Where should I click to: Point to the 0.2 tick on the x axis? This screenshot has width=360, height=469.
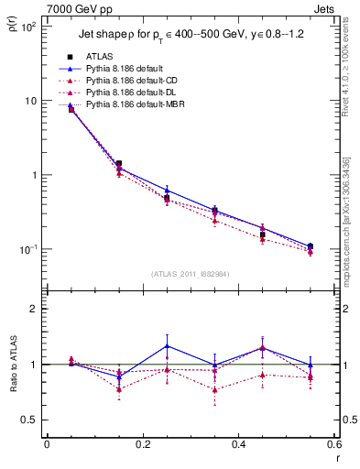click(x=142, y=444)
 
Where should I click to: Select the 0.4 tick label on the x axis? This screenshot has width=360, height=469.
click(x=238, y=444)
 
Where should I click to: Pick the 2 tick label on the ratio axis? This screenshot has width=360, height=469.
click(x=35, y=309)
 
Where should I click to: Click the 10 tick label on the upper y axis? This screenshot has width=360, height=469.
click(x=30, y=101)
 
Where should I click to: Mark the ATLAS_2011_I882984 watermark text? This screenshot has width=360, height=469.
click(x=190, y=274)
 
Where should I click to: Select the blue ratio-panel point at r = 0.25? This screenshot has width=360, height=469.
click(x=167, y=345)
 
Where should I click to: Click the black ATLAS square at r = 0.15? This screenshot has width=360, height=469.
click(x=119, y=164)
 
